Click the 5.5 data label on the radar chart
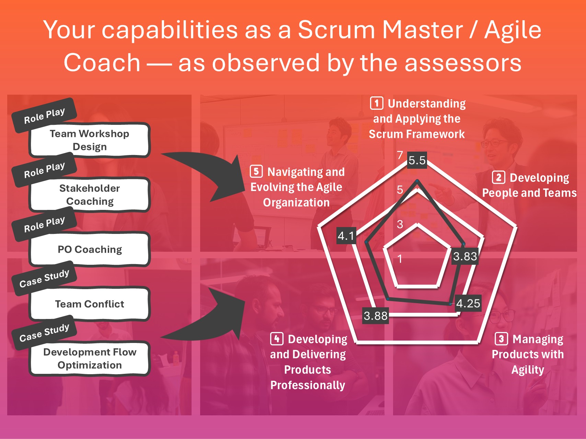pos(417,160)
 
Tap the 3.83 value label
pos(465,256)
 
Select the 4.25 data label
pos(468,303)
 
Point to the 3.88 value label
pos(376,316)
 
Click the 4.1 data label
pos(346,236)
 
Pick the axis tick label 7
pos(400,155)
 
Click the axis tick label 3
pos(400,224)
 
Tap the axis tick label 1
pos(400,259)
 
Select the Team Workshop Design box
pos(90,140)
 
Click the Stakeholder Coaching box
pos(90,194)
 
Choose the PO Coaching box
pos(90,249)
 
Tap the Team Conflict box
pos(90,304)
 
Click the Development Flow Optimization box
pos(90,358)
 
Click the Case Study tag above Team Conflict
pos(44,278)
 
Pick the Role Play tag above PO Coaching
pos(44,224)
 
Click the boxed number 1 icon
pos(377,103)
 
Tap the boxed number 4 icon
pos(277,339)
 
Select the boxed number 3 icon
pos(501,339)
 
